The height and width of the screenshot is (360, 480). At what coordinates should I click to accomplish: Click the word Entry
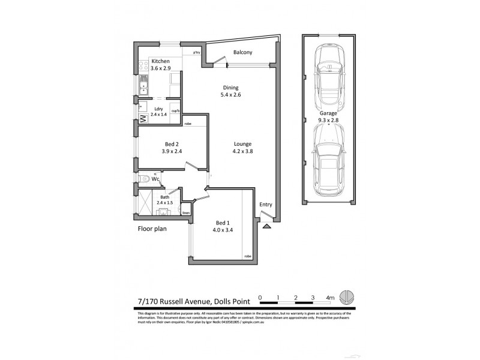click(x=265, y=205)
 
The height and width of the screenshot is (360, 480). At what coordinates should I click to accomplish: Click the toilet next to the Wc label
click(x=142, y=179)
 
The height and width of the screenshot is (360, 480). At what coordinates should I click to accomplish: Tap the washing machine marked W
click(x=143, y=118)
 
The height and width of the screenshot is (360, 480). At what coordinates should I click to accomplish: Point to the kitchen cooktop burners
click(x=143, y=67)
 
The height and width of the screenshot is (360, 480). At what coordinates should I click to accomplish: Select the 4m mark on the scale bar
click(x=329, y=297)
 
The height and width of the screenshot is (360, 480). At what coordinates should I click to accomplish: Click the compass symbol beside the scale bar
click(x=346, y=297)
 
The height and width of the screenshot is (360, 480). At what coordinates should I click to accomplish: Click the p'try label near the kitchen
click(x=196, y=53)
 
